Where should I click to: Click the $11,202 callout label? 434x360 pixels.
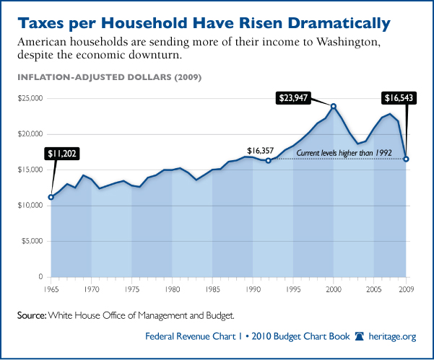tap(63, 153)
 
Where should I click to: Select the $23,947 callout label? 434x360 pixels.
tap(298, 97)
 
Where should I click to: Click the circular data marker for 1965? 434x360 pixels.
tap(51, 197)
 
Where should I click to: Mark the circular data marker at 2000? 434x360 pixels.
tap(334, 106)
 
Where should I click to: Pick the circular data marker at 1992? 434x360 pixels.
tap(268, 160)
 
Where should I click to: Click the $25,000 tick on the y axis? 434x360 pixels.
tap(32, 98)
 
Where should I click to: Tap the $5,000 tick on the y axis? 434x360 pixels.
tap(33, 241)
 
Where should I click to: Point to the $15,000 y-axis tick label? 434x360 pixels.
tap(32, 170)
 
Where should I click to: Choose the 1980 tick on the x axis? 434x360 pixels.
tap(172, 289)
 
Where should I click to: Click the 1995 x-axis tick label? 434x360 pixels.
tap(293, 289)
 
